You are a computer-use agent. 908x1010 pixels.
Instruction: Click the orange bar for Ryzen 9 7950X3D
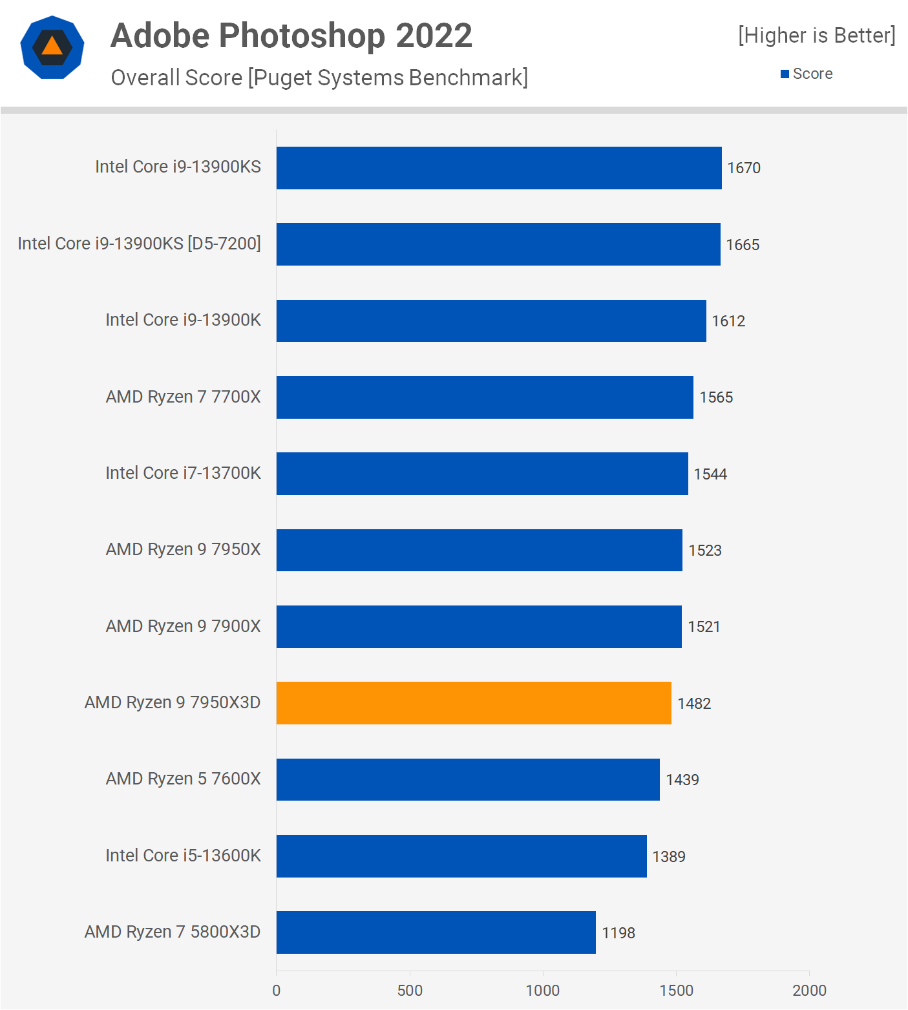tap(474, 703)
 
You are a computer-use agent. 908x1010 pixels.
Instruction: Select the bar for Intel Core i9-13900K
tap(491, 321)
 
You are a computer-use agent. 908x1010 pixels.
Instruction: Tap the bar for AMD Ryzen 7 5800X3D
tap(436, 932)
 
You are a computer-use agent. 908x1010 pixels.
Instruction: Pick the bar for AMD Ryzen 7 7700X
tap(485, 397)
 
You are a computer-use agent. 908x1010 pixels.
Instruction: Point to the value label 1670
tap(744, 168)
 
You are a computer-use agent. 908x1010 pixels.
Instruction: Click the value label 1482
tap(694, 704)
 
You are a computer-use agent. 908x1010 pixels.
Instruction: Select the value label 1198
tap(618, 933)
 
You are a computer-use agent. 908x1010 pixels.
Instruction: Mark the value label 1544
tap(710, 474)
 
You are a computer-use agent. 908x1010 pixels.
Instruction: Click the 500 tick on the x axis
tap(410, 991)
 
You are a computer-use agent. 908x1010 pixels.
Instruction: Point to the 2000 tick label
tap(809, 991)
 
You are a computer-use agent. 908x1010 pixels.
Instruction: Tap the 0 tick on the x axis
tap(277, 991)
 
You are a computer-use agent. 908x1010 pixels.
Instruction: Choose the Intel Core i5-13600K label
tap(183, 856)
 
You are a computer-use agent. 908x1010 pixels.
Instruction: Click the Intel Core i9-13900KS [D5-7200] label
tap(139, 244)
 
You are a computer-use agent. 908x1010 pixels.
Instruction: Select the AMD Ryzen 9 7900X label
tap(183, 626)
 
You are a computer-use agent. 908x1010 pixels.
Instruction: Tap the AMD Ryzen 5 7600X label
tap(183, 779)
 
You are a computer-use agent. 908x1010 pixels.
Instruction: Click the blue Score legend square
tap(785, 74)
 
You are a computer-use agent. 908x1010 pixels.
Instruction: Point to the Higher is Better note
tap(817, 36)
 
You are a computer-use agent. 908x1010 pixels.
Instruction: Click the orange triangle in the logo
tap(52, 46)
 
